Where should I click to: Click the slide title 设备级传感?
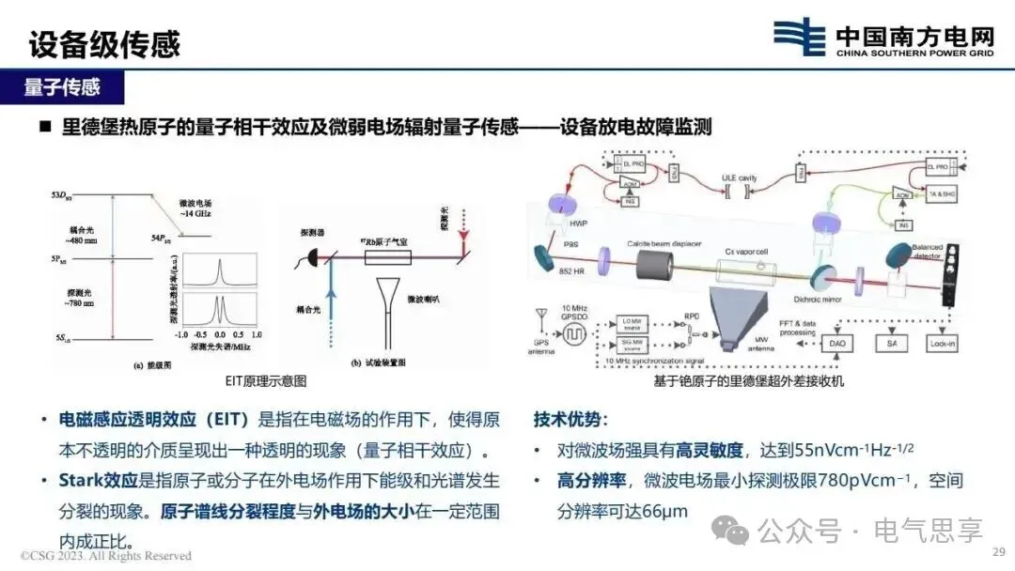(103, 43)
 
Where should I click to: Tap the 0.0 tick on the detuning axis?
(219, 334)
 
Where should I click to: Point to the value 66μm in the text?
(664, 513)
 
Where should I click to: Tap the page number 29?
(999, 552)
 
